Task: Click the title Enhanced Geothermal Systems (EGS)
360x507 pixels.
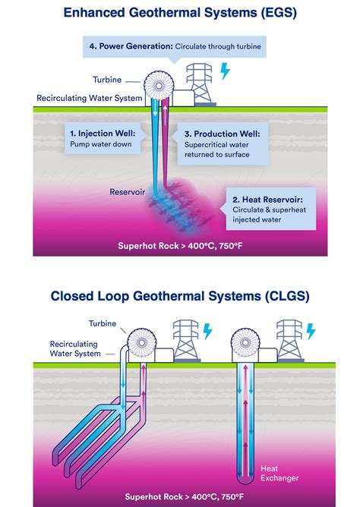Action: pos(180,13)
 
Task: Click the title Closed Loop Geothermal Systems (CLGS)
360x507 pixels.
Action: pos(180,296)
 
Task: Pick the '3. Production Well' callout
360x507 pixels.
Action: pos(222,143)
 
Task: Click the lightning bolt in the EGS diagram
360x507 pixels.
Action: pos(224,71)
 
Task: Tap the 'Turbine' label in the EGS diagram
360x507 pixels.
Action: pos(107,80)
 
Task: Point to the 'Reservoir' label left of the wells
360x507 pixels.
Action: pos(127,191)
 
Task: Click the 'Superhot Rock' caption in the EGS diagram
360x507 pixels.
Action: pos(180,245)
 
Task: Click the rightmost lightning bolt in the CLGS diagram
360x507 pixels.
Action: pos(310,332)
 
